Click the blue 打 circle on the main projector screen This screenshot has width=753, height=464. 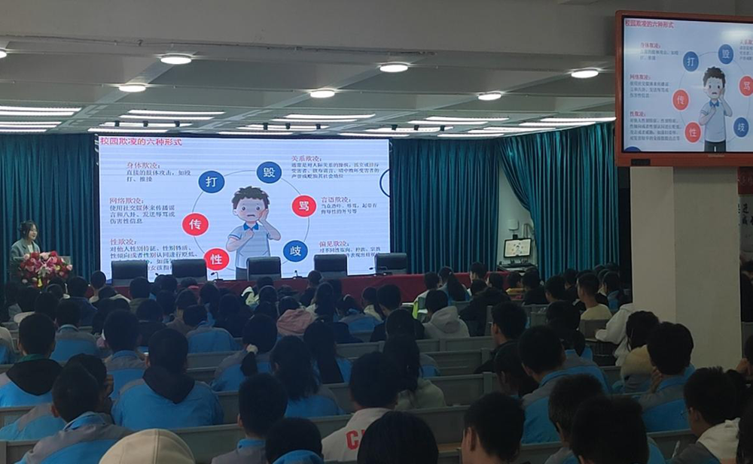[211, 181]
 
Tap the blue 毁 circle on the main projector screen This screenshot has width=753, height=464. [269, 172]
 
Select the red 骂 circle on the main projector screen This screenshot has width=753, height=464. [303, 205]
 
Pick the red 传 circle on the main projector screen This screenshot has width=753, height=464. [195, 224]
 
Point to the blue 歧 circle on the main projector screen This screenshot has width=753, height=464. [295, 250]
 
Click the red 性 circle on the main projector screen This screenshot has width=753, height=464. [216, 259]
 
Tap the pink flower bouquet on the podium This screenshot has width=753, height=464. [44, 267]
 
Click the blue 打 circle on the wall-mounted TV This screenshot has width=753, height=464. [691, 62]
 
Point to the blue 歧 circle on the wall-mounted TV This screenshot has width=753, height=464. [742, 126]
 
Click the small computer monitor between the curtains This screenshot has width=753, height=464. [517, 248]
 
